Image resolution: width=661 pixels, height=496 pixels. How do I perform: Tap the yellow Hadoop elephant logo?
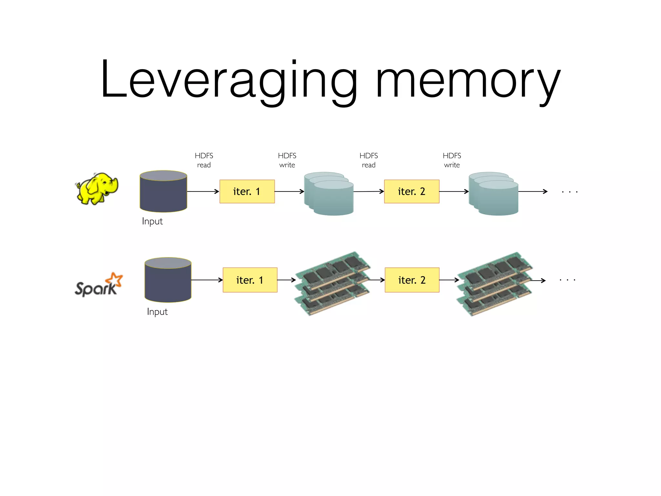pos(97,189)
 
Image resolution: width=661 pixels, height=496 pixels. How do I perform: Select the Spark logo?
pos(98,285)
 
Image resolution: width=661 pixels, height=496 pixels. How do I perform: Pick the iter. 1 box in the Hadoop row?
pos(247,191)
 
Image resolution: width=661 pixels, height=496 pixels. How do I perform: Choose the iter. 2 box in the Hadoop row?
pos(412,191)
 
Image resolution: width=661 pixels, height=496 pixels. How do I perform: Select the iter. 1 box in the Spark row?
pos(250,280)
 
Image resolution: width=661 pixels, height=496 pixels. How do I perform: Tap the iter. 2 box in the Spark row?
pos(412,280)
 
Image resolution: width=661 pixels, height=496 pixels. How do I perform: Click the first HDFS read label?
pos(204,160)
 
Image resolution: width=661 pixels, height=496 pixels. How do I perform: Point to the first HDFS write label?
pos(287,160)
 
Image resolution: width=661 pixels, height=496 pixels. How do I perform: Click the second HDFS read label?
pos(369,160)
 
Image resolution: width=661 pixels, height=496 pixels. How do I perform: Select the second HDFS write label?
pos(452,160)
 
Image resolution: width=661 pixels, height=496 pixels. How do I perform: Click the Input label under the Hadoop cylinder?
pos(152,222)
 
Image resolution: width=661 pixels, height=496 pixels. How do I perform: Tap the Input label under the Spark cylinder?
pos(157,312)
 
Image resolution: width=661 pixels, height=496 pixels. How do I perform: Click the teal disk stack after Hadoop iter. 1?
pos(329,194)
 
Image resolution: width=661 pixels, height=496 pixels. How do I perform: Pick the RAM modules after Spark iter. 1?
pos(332,284)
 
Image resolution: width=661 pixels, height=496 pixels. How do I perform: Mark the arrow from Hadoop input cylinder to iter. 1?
pos(203,191)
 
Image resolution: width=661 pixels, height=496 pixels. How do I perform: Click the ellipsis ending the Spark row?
pos(567,280)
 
